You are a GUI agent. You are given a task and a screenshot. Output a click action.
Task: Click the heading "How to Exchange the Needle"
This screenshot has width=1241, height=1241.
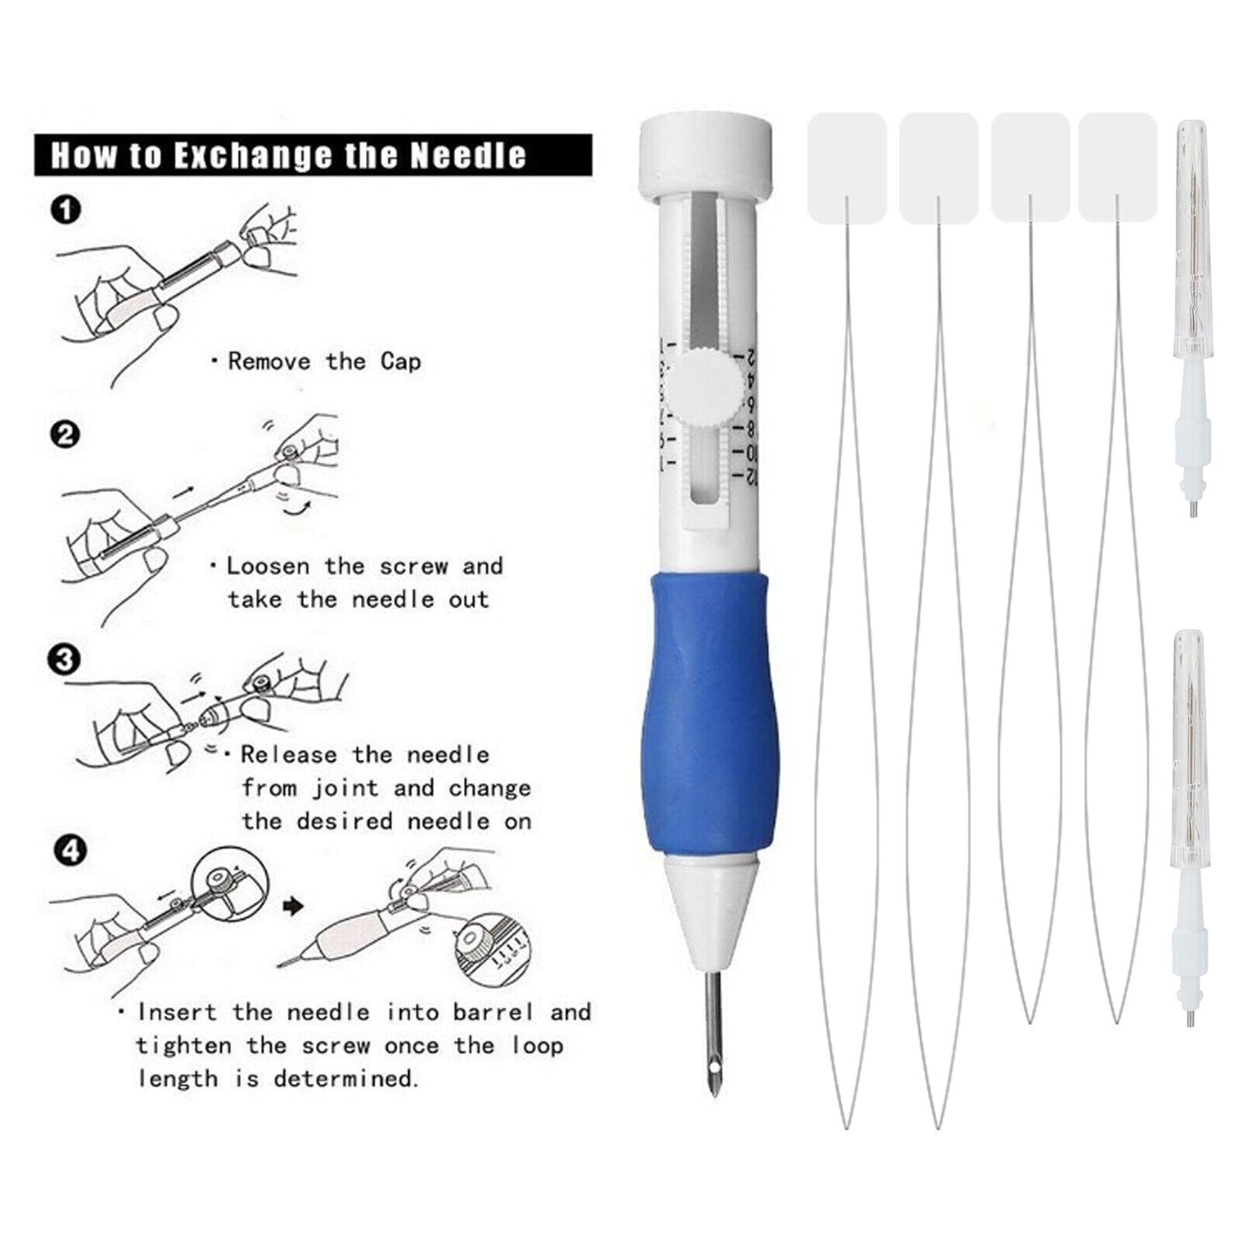click(x=289, y=155)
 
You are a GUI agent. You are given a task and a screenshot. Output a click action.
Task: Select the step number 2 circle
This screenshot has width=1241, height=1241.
click(x=65, y=435)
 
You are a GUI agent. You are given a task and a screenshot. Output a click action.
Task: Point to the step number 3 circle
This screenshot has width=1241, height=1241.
click(x=65, y=660)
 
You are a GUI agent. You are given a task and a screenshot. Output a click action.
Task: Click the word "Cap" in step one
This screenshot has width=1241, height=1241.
click(x=400, y=362)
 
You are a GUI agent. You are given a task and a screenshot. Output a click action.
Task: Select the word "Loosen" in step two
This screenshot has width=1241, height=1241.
click(x=268, y=566)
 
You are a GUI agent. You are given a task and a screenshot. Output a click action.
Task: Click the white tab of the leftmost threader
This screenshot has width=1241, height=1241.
click(x=847, y=167)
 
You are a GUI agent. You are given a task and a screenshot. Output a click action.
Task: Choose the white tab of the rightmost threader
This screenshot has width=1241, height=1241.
click(x=1117, y=167)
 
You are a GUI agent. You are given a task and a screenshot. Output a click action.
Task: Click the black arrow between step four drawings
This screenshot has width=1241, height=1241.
click(x=294, y=906)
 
